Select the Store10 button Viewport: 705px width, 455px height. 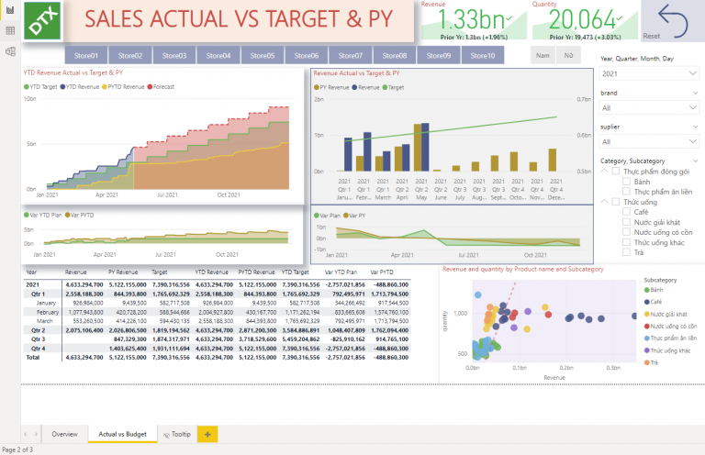click(482, 56)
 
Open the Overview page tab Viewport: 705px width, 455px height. click(64, 433)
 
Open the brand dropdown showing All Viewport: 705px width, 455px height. click(648, 107)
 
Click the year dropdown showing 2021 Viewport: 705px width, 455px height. click(648, 73)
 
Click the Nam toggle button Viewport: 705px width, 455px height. click(543, 56)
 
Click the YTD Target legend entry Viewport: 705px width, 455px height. click(43, 86)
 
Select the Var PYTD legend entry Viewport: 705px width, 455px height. click(82, 215)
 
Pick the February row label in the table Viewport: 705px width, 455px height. click(47, 311)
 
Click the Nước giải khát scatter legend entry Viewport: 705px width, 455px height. click(668, 314)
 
